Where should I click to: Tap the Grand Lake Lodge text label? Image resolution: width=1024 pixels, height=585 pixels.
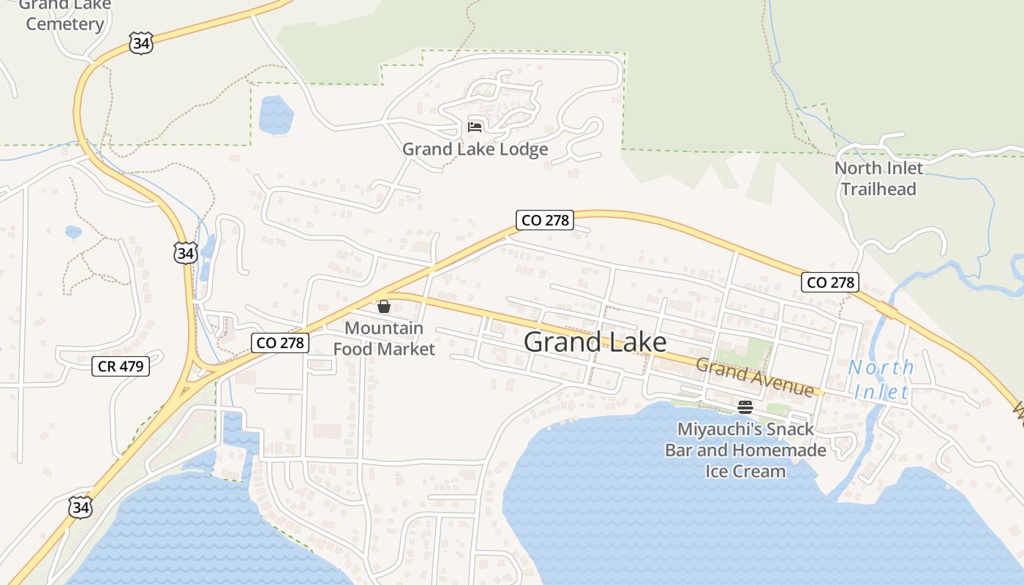pos(475,149)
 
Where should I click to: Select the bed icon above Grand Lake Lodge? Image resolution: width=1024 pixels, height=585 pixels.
pos(475,127)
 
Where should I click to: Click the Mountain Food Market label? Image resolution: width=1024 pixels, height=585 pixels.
pos(384,339)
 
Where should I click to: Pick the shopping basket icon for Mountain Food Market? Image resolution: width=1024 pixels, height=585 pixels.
pos(384,306)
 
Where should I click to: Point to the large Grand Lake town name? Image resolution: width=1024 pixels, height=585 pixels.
pos(595,342)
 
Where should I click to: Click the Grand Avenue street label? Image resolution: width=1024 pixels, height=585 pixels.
pos(754,377)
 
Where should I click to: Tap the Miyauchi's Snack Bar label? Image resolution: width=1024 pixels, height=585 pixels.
pos(745,450)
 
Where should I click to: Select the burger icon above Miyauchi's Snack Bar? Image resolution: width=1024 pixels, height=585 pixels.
pos(745,407)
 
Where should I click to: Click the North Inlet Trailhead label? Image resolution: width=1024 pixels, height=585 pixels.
pos(878,178)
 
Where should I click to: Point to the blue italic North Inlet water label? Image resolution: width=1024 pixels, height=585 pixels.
pos(881,380)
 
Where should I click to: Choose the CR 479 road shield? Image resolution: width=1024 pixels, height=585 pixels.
pos(121,366)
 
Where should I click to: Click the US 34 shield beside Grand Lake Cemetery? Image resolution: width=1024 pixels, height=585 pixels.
pos(140,44)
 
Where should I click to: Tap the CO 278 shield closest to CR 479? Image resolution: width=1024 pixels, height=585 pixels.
pos(280,342)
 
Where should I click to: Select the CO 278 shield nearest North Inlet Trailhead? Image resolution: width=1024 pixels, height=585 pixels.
pos(829,282)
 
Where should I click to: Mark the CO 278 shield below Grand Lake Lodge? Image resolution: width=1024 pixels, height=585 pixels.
pos(543,220)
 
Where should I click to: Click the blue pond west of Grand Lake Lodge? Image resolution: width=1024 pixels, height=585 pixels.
pos(276,115)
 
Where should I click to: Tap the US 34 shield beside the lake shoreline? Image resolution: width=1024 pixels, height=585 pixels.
pos(81,507)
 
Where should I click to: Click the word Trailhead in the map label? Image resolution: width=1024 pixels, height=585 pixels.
pos(878,189)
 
